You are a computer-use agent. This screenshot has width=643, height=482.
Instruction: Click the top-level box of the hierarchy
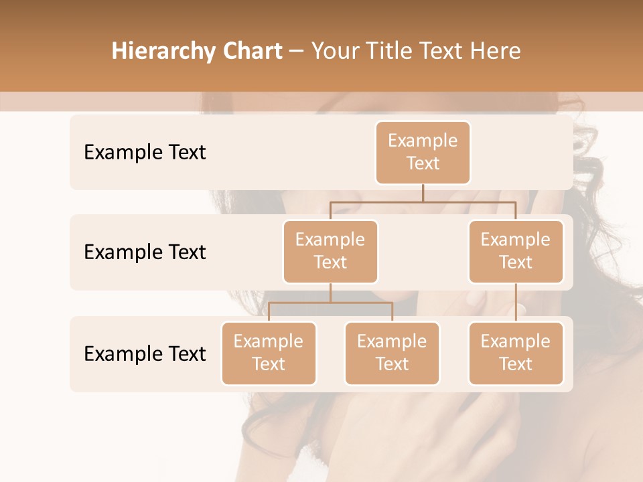click(423, 153)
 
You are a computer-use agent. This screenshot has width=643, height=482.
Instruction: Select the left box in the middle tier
click(330, 252)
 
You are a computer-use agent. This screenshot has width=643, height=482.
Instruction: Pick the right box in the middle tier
click(516, 252)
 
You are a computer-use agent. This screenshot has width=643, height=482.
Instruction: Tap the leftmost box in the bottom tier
click(269, 353)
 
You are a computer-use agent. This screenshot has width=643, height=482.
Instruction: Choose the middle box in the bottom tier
click(392, 353)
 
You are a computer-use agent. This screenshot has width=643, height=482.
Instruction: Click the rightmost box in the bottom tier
click(516, 353)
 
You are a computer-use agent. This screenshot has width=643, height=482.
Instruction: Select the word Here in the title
click(497, 52)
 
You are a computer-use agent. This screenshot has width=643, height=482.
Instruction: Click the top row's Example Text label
click(145, 153)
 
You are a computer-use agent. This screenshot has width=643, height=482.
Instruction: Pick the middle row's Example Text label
click(145, 252)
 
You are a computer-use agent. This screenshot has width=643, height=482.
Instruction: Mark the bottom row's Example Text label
click(145, 353)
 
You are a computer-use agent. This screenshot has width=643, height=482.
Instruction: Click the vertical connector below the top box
click(423, 193)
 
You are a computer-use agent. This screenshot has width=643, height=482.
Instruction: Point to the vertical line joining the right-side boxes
click(516, 303)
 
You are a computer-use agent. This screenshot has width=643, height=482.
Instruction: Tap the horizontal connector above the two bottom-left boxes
click(330, 303)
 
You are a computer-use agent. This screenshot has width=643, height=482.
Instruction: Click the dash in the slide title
click(296, 52)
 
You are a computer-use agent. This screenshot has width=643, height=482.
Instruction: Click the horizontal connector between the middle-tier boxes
click(423, 201)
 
